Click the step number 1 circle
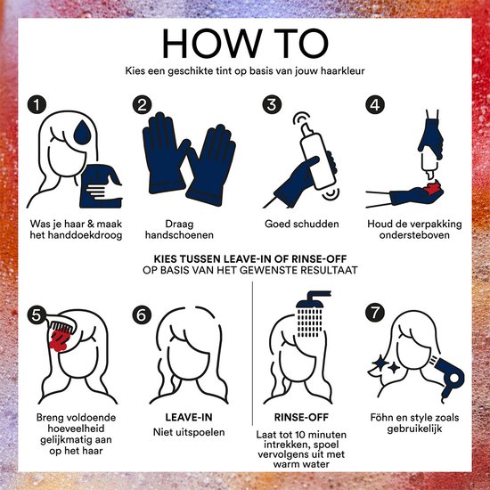click(x=37, y=104)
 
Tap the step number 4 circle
click(x=375, y=104)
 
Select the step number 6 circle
click(x=142, y=314)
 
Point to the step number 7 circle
click(x=375, y=312)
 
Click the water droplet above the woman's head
click(x=82, y=133)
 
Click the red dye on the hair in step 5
click(x=60, y=340)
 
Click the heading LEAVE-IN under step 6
click(x=189, y=417)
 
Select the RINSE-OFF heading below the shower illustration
click(x=301, y=417)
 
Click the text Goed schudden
click(x=301, y=224)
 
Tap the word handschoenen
click(x=179, y=234)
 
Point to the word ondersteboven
click(x=414, y=234)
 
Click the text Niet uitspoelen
click(x=189, y=432)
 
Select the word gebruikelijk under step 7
click(x=414, y=429)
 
